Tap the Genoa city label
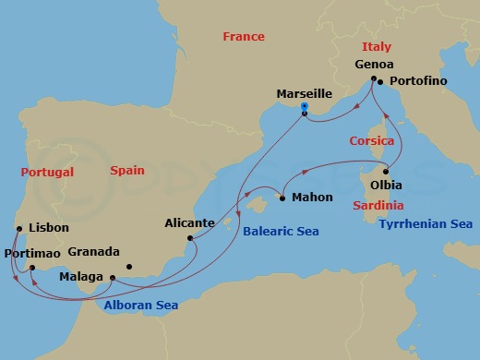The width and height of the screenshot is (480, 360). point(374,65)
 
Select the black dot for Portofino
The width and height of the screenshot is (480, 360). point(383,81)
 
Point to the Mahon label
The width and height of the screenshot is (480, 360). point(311,198)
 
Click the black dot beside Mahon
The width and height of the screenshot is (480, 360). point(282,197)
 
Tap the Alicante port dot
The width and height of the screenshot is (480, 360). point(191,239)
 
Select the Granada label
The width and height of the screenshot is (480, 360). point(94,252)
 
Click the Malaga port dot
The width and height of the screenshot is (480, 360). point(112,277)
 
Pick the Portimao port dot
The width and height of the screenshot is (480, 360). point(30,269)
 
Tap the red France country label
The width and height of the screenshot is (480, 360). point(244,37)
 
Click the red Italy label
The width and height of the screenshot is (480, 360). point(376,46)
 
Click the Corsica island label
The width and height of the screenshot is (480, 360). point(372,141)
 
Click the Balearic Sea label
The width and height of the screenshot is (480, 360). point(281,232)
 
